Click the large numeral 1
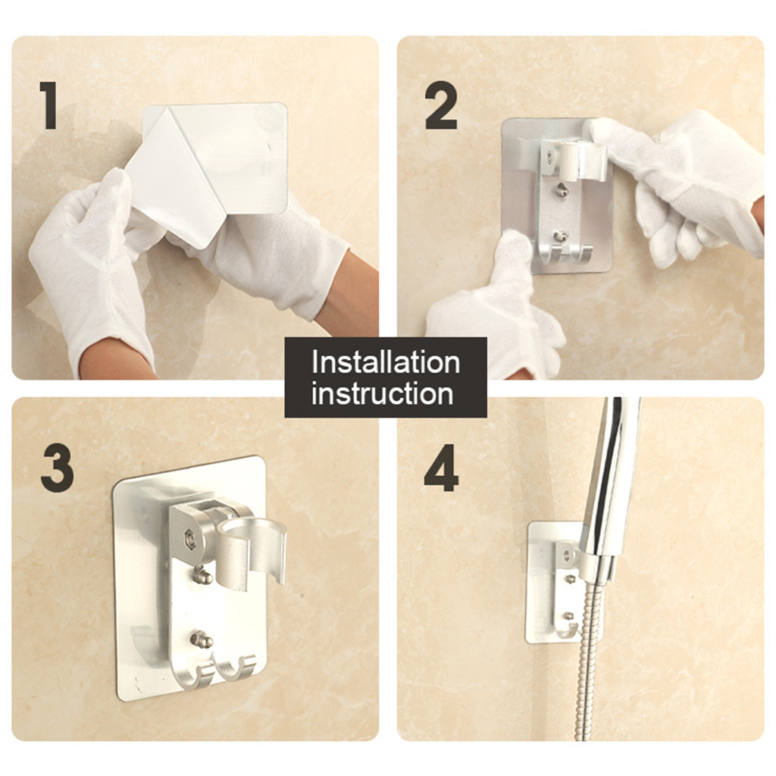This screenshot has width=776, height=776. pyautogui.click(x=48, y=105)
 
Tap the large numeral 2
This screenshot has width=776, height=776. pyautogui.click(x=440, y=105)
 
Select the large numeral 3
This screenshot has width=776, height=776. pyautogui.click(x=57, y=467)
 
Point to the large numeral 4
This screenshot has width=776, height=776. pyautogui.click(x=441, y=467)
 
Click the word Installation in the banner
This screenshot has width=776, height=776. pyautogui.click(x=386, y=362)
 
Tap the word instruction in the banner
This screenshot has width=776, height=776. pyautogui.click(x=382, y=394)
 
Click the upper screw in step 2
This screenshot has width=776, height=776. pyautogui.click(x=562, y=189)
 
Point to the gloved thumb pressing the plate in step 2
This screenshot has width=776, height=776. pyautogui.click(x=515, y=258)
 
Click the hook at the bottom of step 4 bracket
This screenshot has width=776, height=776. pyautogui.click(x=565, y=631)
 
